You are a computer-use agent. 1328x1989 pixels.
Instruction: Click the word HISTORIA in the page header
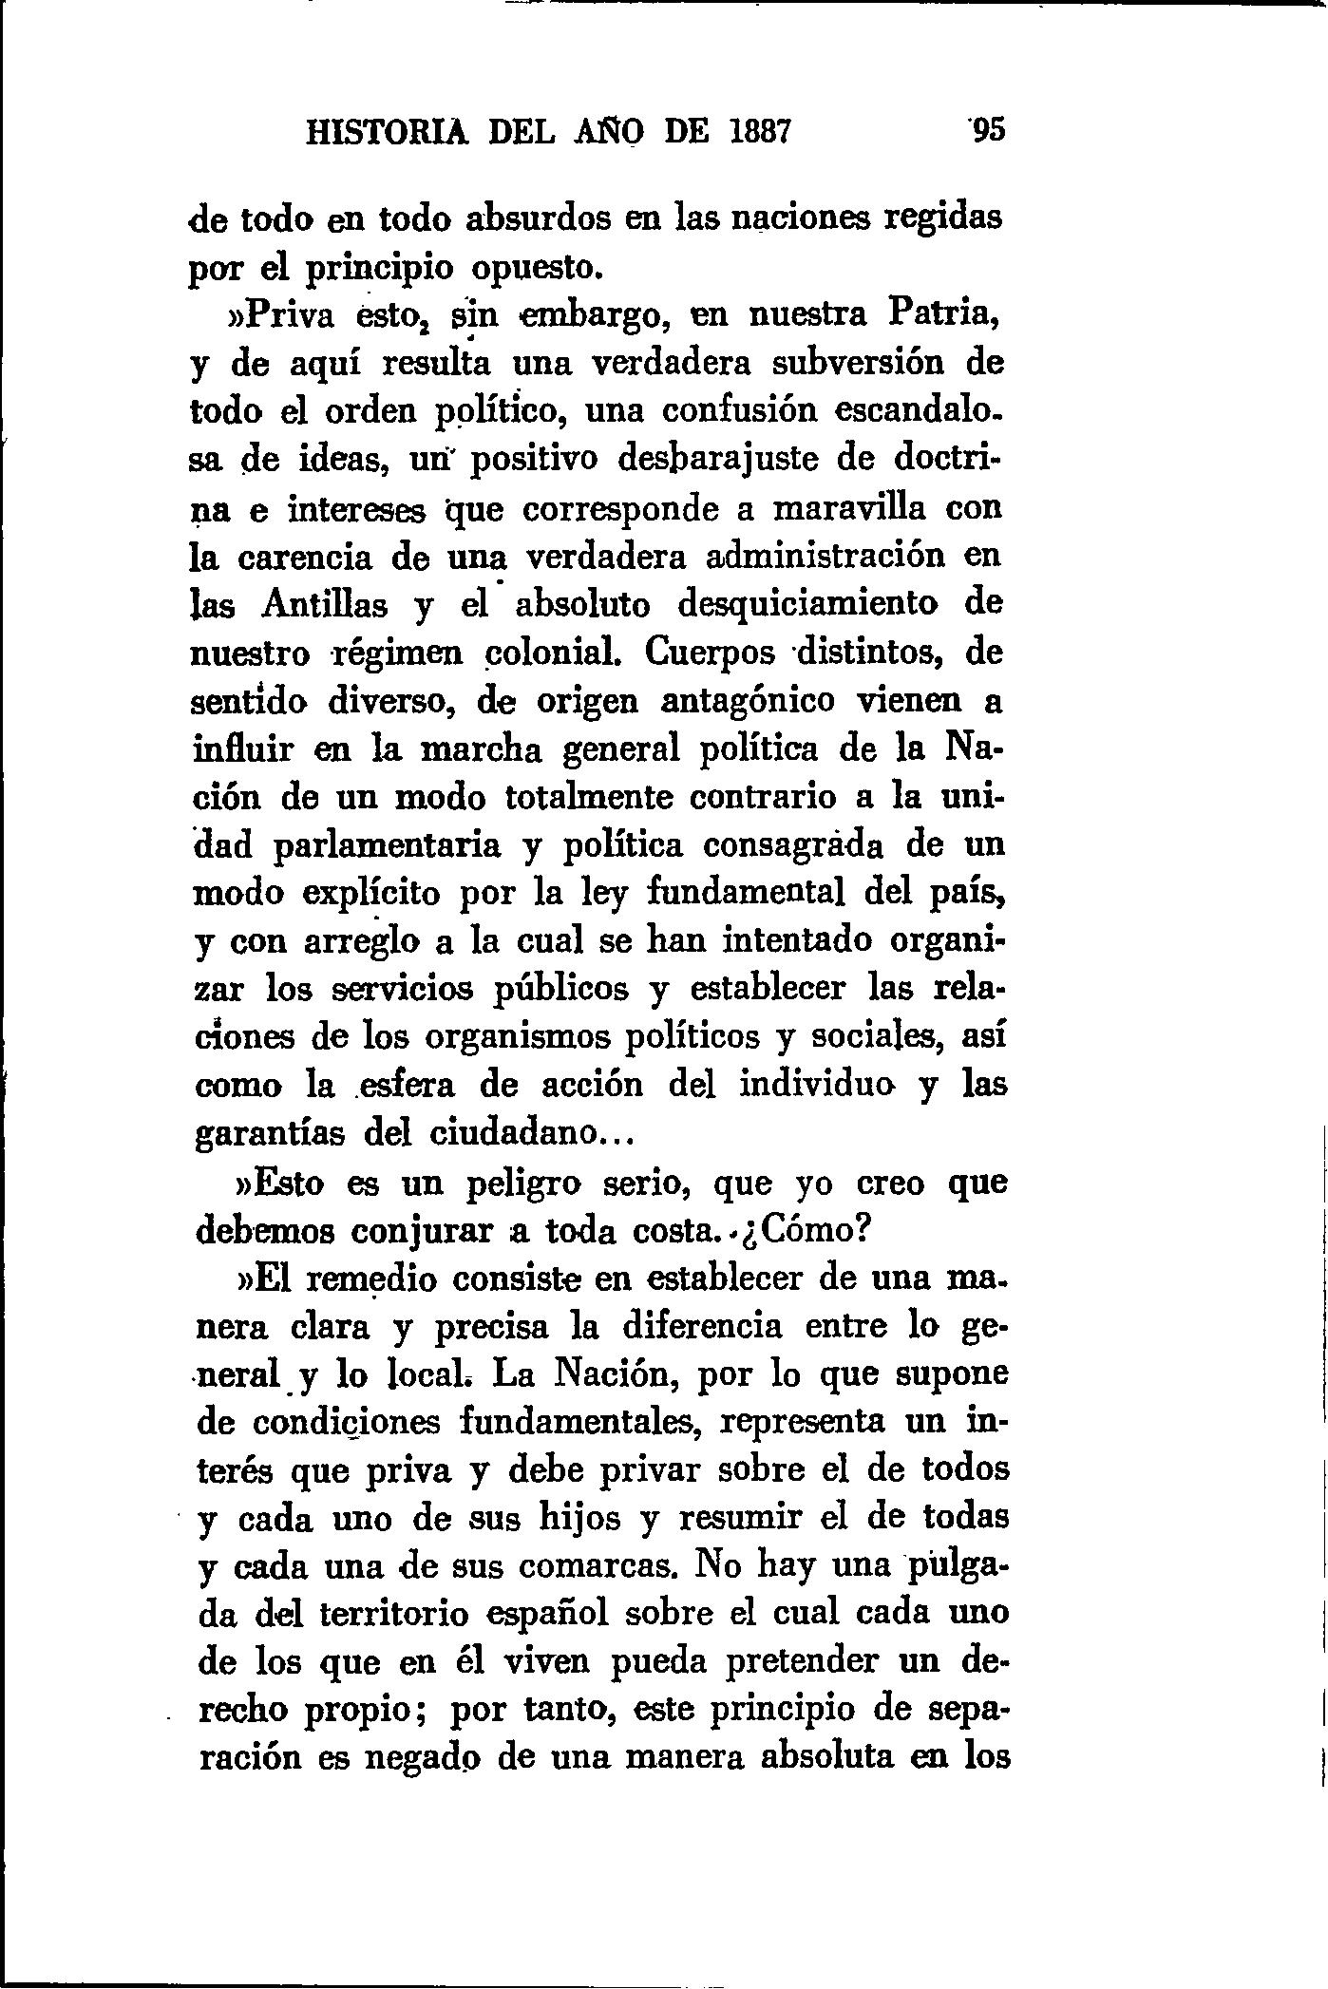(387, 129)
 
